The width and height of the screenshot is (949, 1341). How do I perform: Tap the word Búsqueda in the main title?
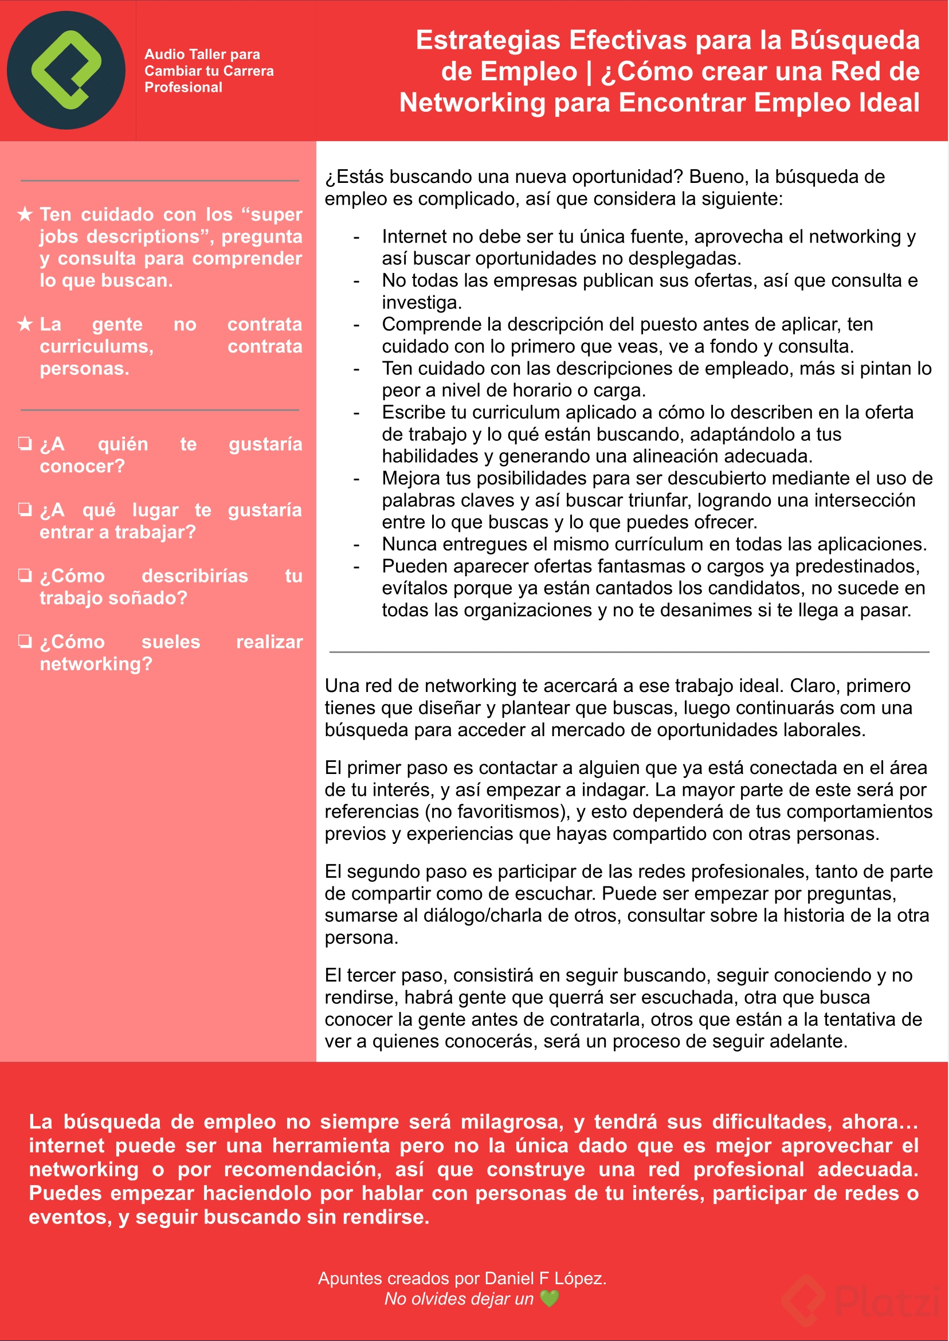(x=854, y=41)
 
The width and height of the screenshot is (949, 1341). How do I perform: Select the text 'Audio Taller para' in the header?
(x=202, y=54)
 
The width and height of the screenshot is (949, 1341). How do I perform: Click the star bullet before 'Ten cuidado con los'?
(x=25, y=214)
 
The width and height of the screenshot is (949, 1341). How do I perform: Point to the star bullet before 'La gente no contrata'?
(x=25, y=324)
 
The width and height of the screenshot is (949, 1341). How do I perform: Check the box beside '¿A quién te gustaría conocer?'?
(x=25, y=444)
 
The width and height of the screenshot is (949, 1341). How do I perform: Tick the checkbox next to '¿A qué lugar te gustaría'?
(x=25, y=510)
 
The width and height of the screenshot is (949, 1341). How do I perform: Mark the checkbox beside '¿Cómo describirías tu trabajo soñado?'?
(x=25, y=576)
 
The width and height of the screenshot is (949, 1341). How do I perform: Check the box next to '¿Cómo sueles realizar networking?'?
(x=25, y=642)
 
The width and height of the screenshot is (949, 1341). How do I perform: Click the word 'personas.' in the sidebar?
(x=85, y=369)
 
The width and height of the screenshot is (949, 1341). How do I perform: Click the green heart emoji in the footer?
(x=550, y=1299)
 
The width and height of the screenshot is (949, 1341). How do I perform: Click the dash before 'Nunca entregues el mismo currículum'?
(x=356, y=545)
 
